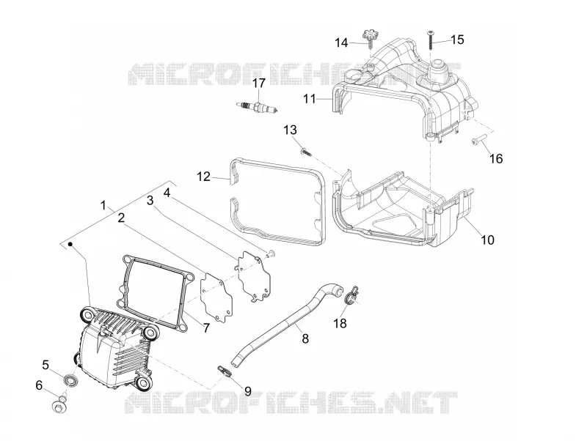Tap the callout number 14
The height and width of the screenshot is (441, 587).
pos(341,42)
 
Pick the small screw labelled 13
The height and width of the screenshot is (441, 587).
pos(307,152)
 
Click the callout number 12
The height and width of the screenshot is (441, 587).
pos(204,176)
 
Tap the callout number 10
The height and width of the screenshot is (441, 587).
pos(487,240)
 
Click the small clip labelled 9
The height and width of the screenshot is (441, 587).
pos(224,371)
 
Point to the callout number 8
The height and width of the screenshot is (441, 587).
pos(305,338)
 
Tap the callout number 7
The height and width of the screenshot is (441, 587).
pos(206,327)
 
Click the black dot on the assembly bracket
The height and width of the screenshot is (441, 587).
pos(70,245)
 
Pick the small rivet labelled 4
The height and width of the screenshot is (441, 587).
pos(271,254)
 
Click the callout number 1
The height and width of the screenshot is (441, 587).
pos(103,205)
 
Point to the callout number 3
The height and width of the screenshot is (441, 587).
pos(150,201)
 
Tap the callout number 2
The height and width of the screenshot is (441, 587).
pos(121,218)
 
